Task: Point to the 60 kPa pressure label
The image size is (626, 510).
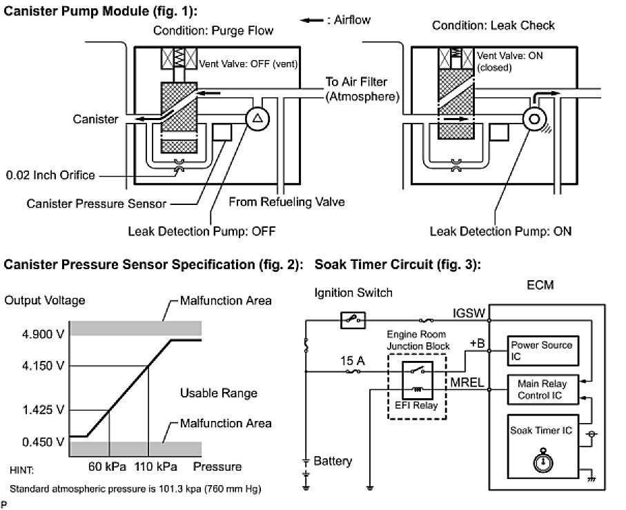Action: click(x=108, y=467)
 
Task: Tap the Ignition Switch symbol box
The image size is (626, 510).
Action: click(x=353, y=320)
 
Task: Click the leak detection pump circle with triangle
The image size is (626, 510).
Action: click(x=257, y=119)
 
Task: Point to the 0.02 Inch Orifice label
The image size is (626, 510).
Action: click(x=50, y=175)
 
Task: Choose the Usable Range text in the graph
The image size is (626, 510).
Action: click(x=219, y=393)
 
